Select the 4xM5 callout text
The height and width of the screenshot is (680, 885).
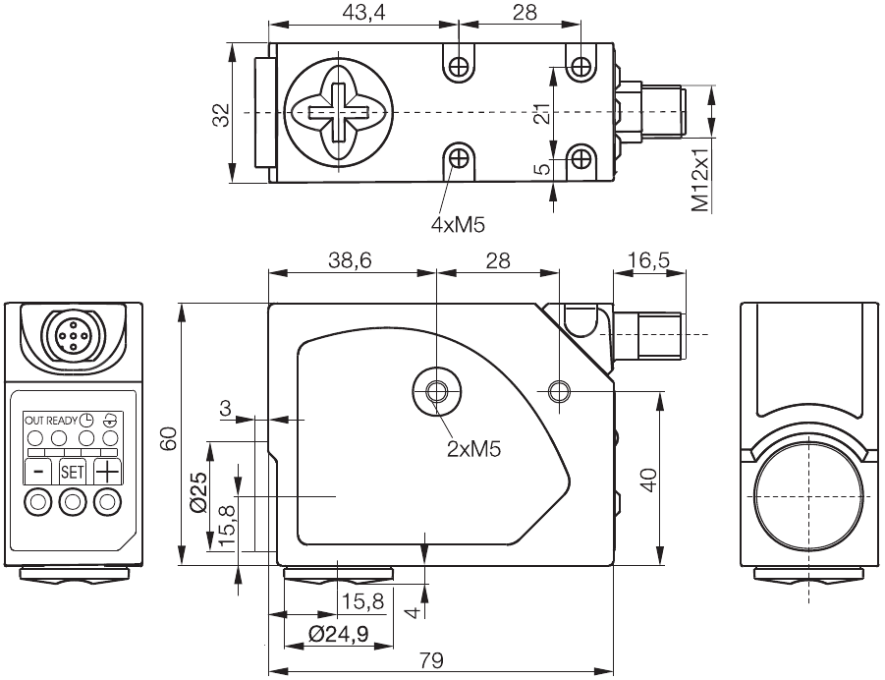[459, 224]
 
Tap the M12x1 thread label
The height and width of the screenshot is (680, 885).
[699, 180]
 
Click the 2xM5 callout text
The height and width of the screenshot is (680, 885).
[474, 449]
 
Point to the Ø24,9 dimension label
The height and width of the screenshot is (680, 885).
[338, 634]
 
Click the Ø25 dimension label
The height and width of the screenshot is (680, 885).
[197, 490]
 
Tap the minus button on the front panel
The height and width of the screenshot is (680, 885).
[38, 471]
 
